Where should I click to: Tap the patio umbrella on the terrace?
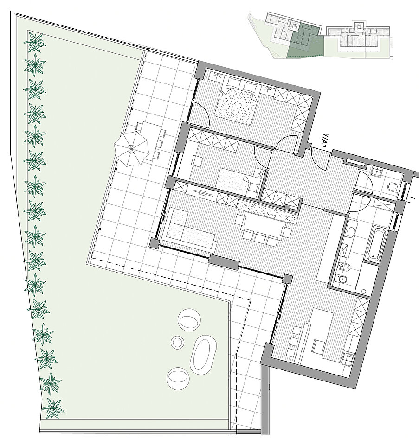pyautogui.click(x=131, y=148)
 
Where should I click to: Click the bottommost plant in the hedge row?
pyautogui.click(x=53, y=408)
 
